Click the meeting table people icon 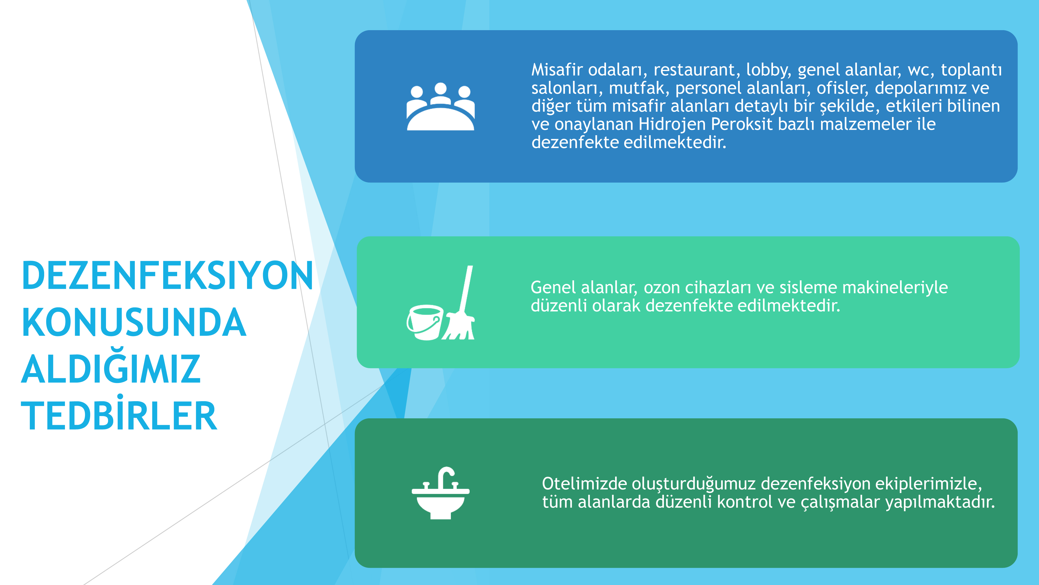coord(441,107)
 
